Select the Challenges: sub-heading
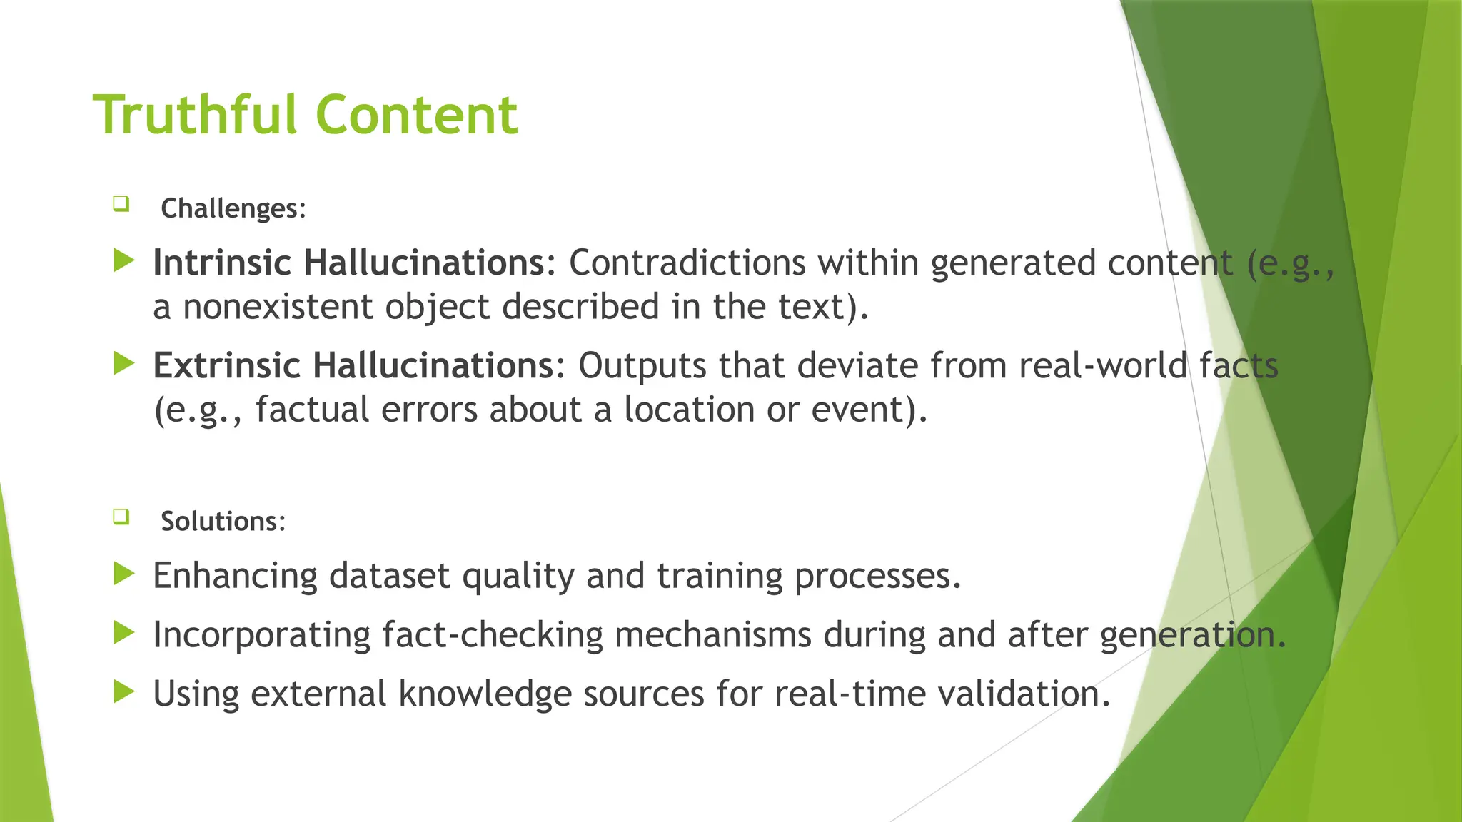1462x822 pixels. coord(233,208)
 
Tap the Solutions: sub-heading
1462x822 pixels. coord(223,521)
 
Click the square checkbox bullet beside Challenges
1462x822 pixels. coord(121,205)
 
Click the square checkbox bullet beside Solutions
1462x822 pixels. coord(121,517)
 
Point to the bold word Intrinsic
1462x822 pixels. coord(222,263)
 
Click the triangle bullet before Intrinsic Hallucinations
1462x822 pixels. coord(124,261)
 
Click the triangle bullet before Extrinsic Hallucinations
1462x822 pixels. coord(124,364)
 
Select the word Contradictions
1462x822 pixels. coord(687,263)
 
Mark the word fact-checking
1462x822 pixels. coord(492,634)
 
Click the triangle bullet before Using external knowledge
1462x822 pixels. coord(124,691)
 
